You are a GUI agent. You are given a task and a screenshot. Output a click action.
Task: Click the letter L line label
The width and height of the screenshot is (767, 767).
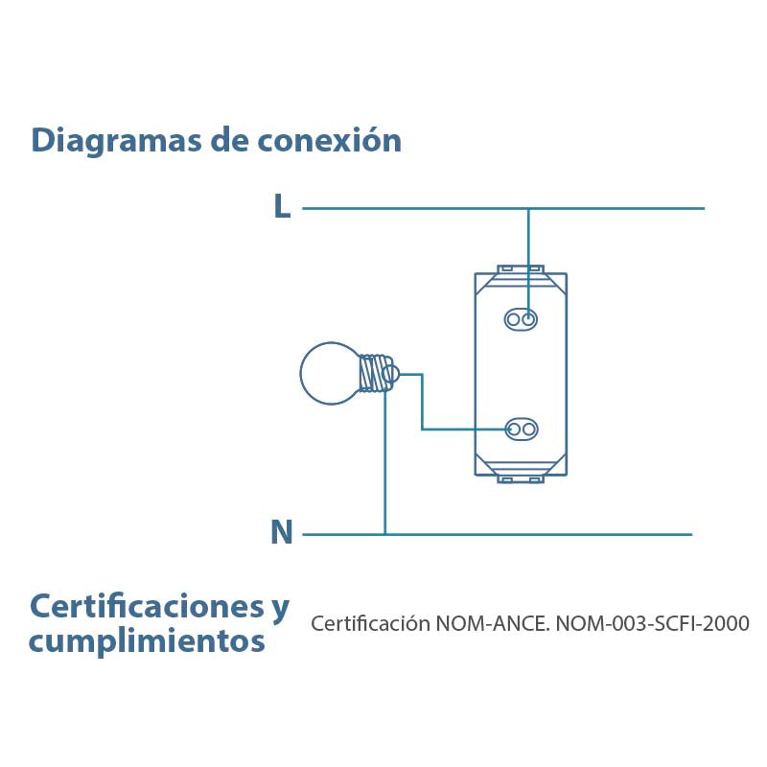pyautogui.click(x=282, y=205)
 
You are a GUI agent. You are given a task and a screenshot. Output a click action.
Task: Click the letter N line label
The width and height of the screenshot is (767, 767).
pyautogui.click(x=282, y=532)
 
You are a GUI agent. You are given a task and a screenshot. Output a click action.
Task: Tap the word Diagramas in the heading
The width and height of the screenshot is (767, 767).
pyautogui.click(x=116, y=141)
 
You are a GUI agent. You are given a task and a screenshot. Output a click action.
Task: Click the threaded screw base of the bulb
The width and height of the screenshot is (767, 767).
pyautogui.click(x=375, y=373)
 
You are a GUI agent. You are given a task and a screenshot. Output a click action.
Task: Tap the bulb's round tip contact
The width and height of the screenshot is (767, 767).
pyautogui.click(x=391, y=374)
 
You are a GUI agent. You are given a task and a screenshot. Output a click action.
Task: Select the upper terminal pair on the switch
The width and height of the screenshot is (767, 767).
pyautogui.click(x=521, y=319)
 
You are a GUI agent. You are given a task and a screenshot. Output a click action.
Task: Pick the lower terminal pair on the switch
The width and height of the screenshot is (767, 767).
pyautogui.click(x=522, y=430)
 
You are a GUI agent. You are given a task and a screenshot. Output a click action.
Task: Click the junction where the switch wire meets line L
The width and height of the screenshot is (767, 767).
pyautogui.click(x=528, y=208)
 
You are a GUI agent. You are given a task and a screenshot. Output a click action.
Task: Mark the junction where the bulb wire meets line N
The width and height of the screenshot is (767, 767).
pyautogui.click(x=385, y=534)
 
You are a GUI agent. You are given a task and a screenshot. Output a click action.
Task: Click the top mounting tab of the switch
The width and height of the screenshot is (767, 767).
pyautogui.click(x=521, y=269)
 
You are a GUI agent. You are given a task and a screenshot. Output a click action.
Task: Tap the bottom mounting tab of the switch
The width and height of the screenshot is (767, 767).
pyautogui.click(x=521, y=478)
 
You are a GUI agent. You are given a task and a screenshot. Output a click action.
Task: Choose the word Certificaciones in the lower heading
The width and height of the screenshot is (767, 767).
pyautogui.click(x=147, y=606)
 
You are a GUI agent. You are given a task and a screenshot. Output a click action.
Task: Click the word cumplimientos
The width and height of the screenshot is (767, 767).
pyautogui.click(x=147, y=641)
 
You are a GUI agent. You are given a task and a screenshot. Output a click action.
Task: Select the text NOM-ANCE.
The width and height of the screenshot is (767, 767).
pyautogui.click(x=493, y=624)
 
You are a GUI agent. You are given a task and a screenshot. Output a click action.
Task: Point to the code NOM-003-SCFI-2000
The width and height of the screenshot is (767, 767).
pyautogui.click(x=653, y=624)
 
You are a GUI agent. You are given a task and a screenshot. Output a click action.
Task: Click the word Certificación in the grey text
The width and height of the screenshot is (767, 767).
pyautogui.click(x=371, y=624)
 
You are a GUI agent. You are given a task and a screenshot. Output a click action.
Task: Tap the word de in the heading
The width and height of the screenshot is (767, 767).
pyautogui.click(x=230, y=140)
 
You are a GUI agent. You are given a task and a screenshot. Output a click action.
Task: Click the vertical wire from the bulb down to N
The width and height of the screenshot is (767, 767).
pyautogui.click(x=385, y=460)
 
